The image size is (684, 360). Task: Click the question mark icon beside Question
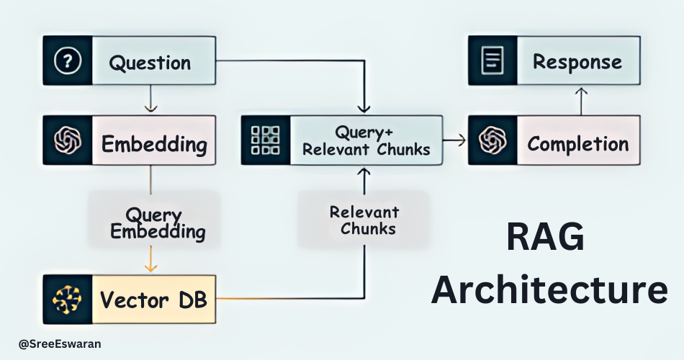[x=68, y=62]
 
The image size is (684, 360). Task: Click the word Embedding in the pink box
[x=154, y=143]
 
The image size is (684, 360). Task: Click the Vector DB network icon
[x=68, y=299]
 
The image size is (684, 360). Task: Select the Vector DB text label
[x=153, y=300]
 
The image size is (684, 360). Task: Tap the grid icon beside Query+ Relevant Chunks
[x=264, y=140]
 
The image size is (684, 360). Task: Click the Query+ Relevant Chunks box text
[x=366, y=140]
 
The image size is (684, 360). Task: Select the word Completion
[x=578, y=143]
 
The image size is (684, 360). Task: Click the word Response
[x=577, y=62]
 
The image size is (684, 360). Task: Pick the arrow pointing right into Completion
[x=454, y=141]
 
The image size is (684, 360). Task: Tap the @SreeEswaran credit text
[x=60, y=344]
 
